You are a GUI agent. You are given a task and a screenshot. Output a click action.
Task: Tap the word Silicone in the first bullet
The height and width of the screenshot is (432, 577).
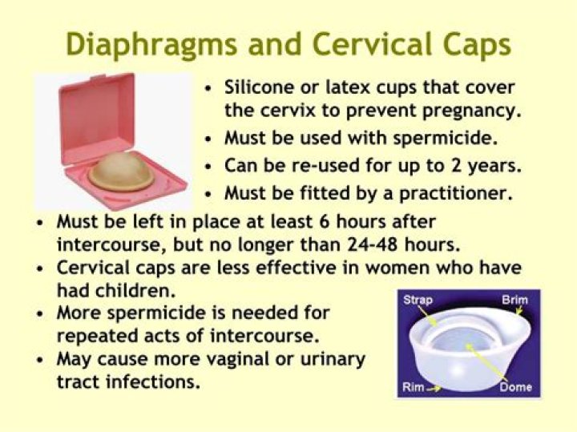257,87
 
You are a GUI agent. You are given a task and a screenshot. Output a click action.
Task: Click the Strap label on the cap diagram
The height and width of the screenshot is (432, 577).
417,300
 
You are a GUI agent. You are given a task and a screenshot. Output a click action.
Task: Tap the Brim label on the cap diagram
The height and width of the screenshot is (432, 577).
514,300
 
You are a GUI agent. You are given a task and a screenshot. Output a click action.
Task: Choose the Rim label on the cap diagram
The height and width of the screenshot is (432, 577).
412,388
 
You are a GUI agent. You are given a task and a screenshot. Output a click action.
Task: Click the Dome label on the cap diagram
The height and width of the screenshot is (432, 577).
515,388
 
